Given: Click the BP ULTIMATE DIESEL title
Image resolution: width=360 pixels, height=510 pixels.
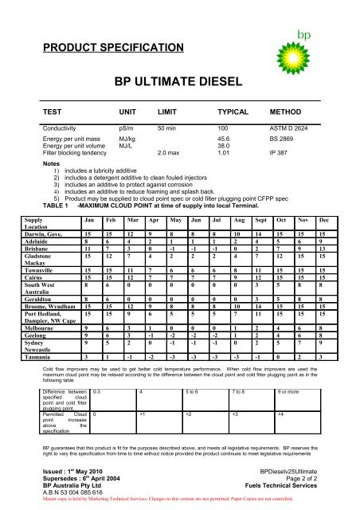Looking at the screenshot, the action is [179, 80].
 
